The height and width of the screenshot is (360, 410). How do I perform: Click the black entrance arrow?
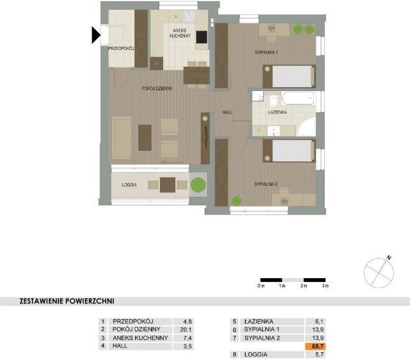pyautogui.click(x=96, y=35)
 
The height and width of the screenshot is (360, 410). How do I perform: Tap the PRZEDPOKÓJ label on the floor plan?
pyautogui.click(x=121, y=49)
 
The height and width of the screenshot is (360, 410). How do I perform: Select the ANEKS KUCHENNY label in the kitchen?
pyautogui.click(x=180, y=33)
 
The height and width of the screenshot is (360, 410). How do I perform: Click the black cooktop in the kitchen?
pyautogui.click(x=201, y=37)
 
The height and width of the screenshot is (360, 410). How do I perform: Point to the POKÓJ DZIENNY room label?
pyautogui.click(x=157, y=88)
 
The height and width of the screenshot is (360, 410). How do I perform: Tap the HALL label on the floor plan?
pyautogui.click(x=227, y=112)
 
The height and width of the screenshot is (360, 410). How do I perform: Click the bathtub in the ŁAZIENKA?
pyautogui.click(x=298, y=98)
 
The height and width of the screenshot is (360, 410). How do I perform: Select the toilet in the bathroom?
pyautogui.click(x=274, y=100)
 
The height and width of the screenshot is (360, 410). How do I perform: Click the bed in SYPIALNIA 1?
pyautogui.click(x=289, y=76)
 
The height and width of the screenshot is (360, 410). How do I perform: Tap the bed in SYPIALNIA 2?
pyautogui.click(x=289, y=151)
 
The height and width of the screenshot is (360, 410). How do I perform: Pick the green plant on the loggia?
pyautogui.click(x=198, y=185)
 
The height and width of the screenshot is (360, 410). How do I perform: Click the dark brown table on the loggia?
pyautogui.click(x=168, y=185)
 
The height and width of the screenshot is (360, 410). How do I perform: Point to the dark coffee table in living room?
pyautogui.click(x=145, y=138)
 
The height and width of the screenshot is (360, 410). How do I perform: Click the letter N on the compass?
pyautogui.click(x=389, y=258)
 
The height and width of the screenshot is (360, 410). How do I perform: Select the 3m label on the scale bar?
pyautogui.click(x=326, y=286)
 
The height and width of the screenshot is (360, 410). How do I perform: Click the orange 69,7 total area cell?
pyautogui.click(x=315, y=346)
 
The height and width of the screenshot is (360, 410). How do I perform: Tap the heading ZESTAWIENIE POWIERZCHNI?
pyautogui.click(x=67, y=301)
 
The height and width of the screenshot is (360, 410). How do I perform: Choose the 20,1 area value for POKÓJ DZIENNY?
pyautogui.click(x=186, y=329)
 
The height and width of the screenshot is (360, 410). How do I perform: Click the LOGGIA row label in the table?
pyautogui.click(x=256, y=355)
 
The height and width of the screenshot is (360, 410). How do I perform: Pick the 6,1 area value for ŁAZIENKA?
pyautogui.click(x=319, y=321)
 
